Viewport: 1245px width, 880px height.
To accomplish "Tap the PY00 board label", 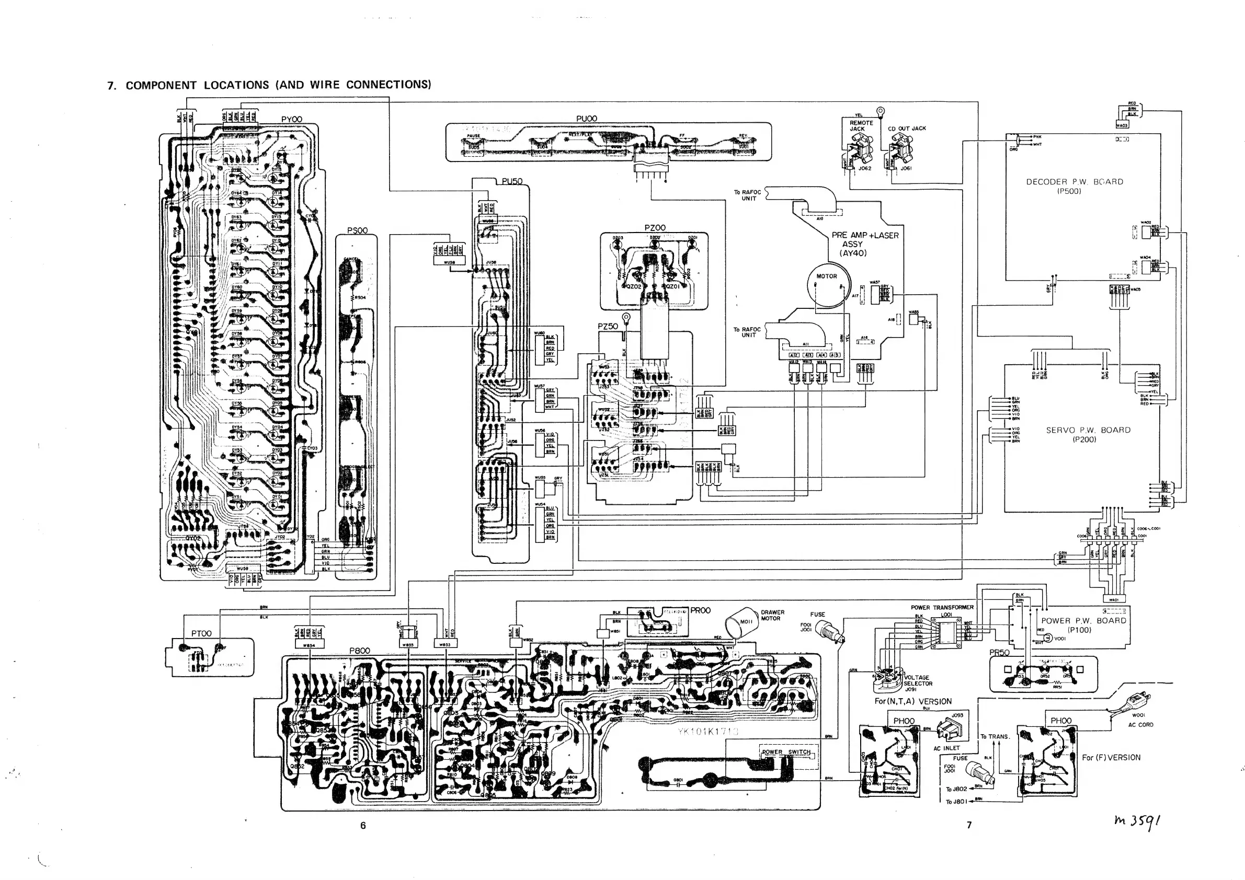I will pyautogui.click(x=291, y=119).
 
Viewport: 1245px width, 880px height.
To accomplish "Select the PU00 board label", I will pyautogui.click(x=586, y=119).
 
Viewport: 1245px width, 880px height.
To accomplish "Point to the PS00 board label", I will pyautogui.click(x=357, y=230).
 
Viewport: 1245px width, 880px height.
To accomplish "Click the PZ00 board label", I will pyautogui.click(x=655, y=228).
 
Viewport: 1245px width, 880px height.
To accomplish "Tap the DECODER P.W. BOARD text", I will pyautogui.click(x=1074, y=182).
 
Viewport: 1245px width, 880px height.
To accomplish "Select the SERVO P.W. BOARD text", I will pyautogui.click(x=1088, y=430).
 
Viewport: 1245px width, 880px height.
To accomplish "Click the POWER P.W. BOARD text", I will pyautogui.click(x=1083, y=620).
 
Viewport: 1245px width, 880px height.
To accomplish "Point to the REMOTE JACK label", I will pyautogui.click(x=861, y=126).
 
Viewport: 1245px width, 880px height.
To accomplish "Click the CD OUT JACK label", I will pyautogui.click(x=907, y=129).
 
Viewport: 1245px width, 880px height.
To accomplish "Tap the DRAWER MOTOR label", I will pyautogui.click(x=772, y=615).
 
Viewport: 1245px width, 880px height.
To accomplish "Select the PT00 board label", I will pyautogui.click(x=201, y=633).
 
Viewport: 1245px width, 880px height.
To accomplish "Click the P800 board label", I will pyautogui.click(x=360, y=650).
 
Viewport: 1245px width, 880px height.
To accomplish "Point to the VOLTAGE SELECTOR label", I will pyautogui.click(x=917, y=680).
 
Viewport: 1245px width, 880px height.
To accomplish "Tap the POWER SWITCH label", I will pyautogui.click(x=786, y=752).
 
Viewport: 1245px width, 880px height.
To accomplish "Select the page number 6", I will pyautogui.click(x=363, y=825).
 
